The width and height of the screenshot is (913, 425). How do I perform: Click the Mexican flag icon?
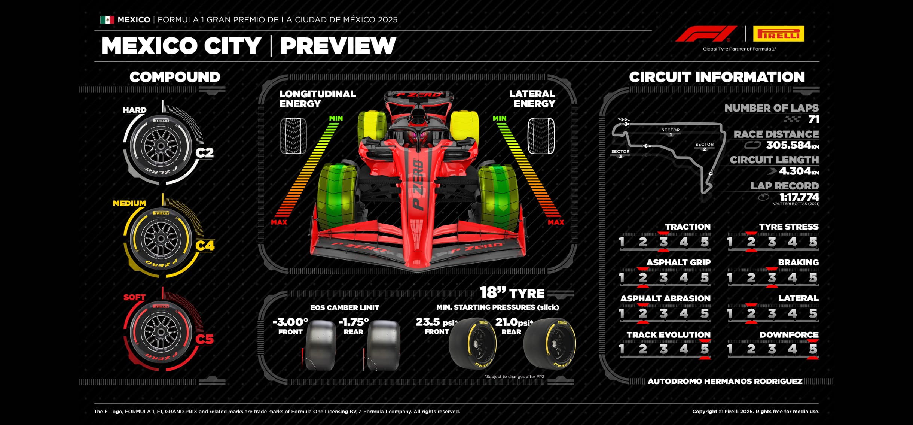click(x=107, y=20)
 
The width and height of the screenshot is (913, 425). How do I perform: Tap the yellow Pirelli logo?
click(x=778, y=34)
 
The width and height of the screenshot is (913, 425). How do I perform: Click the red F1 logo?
click(x=706, y=34)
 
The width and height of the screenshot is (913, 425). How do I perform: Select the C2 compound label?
click(x=205, y=153)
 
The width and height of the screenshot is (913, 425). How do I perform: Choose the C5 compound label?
click(x=205, y=339)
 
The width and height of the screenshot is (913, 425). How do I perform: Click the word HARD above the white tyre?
click(x=135, y=110)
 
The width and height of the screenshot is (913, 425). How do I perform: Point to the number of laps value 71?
click(x=813, y=119)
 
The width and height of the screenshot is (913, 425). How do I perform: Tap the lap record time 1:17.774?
click(x=799, y=197)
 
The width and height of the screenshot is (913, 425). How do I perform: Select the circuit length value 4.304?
click(x=795, y=171)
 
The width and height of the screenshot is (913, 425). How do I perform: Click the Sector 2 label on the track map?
click(x=704, y=146)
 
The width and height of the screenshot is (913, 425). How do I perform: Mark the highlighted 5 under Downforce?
click(x=813, y=349)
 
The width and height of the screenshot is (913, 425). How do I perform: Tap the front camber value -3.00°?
click(x=290, y=322)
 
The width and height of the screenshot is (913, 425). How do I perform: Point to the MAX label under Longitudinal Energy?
click(x=279, y=222)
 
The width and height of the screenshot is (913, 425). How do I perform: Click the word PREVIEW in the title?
click(x=338, y=46)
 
